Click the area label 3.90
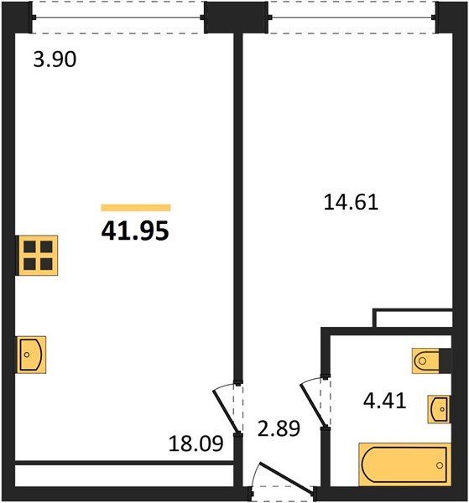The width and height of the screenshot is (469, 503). pyautogui.click(x=55, y=60)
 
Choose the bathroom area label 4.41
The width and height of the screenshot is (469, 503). pyautogui.click(x=384, y=401)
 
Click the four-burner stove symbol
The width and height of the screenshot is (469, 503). pyautogui.click(x=36, y=255)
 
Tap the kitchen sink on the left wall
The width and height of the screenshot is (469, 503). pyautogui.click(x=30, y=354)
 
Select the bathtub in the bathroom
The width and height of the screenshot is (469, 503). pyautogui.click(x=404, y=463)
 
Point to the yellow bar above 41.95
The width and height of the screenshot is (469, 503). pyautogui.click(x=135, y=208)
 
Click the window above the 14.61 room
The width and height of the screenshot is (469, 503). pyautogui.click(x=352, y=17)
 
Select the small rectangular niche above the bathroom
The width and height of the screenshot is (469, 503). pyautogui.click(x=416, y=319)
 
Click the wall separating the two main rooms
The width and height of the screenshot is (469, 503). pyautogui.click(x=237, y=210)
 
